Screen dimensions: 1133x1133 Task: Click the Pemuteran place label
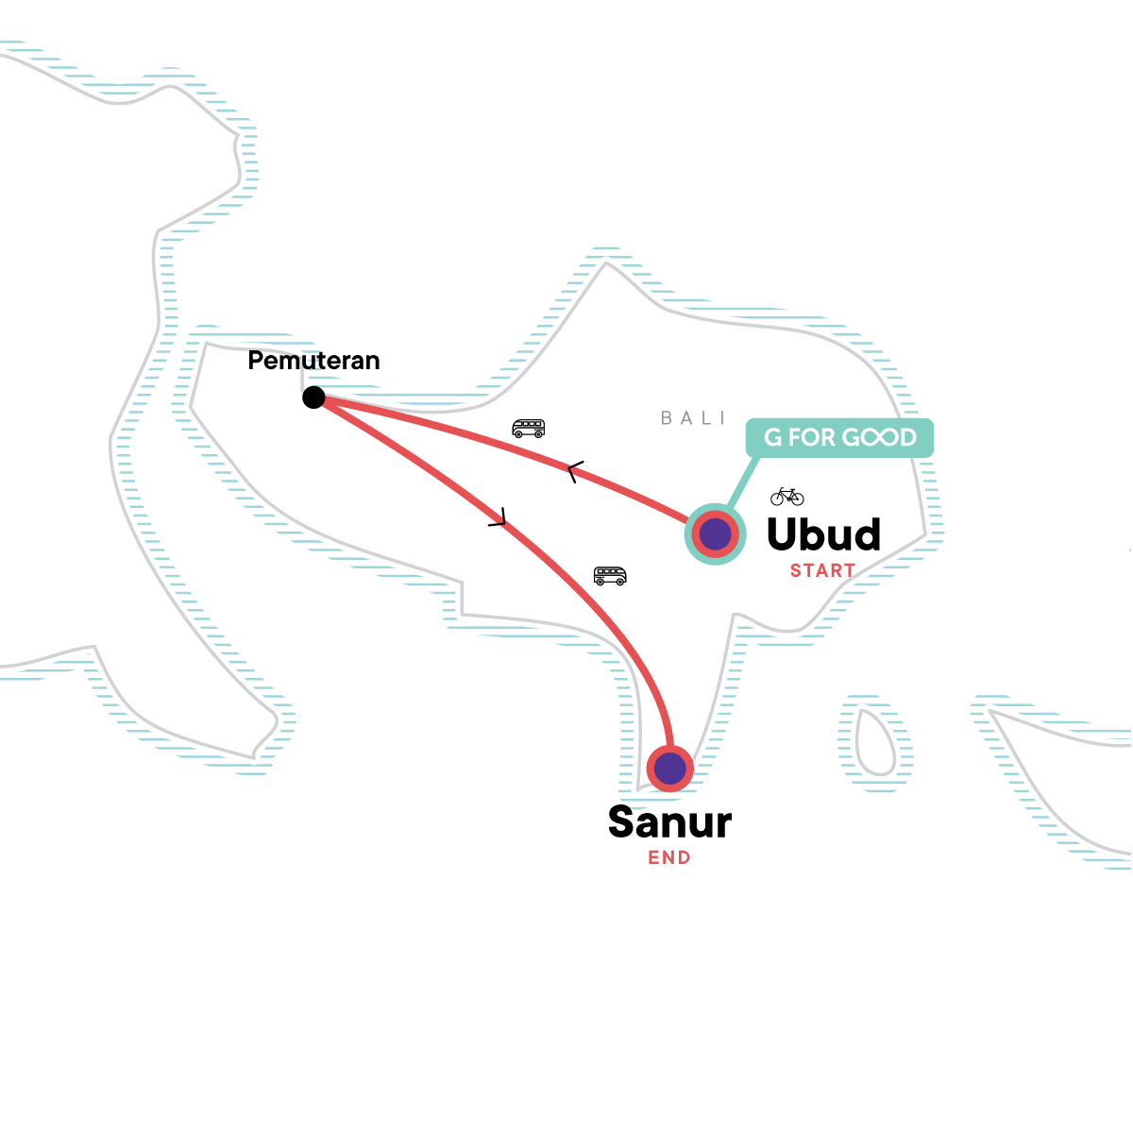pyautogui.click(x=313, y=361)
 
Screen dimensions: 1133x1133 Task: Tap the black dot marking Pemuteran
pyautogui.click(x=313, y=397)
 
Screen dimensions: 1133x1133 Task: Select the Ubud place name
pyautogui.click(x=823, y=534)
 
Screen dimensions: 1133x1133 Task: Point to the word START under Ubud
pyautogui.click(x=822, y=570)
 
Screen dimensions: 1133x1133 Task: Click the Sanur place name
pyautogui.click(x=669, y=822)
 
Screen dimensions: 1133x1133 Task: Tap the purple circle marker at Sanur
pyautogui.click(x=670, y=769)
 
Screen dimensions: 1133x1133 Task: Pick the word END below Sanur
pyautogui.click(x=669, y=858)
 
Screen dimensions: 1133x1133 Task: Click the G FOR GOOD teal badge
pyautogui.click(x=839, y=438)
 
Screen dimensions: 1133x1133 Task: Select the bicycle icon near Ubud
pyautogui.click(x=786, y=496)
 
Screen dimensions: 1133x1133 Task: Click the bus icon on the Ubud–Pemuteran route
pyautogui.click(x=529, y=429)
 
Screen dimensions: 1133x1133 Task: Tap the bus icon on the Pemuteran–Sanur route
pyautogui.click(x=610, y=575)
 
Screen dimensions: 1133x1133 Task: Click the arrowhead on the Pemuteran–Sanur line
pyautogui.click(x=499, y=517)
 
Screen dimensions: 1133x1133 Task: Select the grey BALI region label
pyautogui.click(x=693, y=418)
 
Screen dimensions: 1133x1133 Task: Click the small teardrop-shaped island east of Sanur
pyautogui.click(x=874, y=744)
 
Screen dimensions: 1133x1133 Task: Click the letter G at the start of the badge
pyautogui.click(x=773, y=438)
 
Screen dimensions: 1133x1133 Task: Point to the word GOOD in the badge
pyautogui.click(x=879, y=438)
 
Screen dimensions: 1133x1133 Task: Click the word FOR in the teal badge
pyautogui.click(x=812, y=438)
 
